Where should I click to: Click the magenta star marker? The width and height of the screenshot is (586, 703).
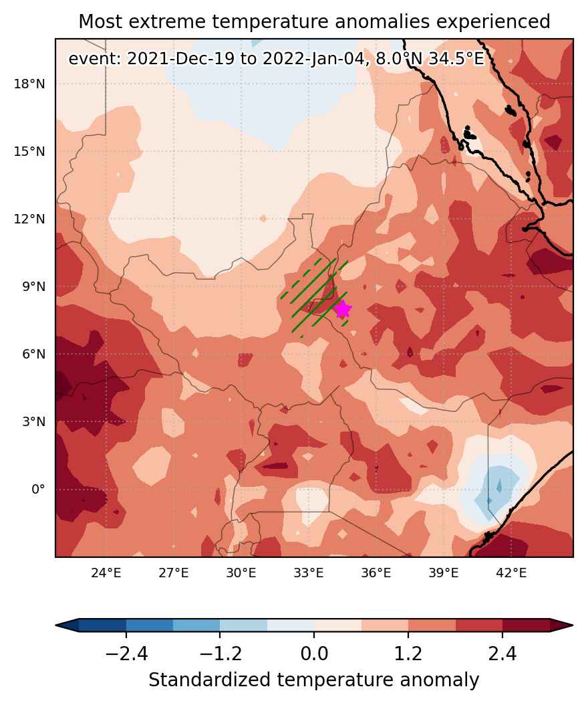[x=343, y=309]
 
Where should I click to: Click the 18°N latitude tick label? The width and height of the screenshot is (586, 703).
[x=29, y=84]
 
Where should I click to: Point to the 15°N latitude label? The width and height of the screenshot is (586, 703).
[x=29, y=152]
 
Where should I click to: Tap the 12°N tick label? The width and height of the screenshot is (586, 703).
[x=29, y=219]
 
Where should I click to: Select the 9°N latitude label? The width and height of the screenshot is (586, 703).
[x=33, y=286]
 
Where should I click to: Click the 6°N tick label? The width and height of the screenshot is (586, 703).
[x=33, y=355]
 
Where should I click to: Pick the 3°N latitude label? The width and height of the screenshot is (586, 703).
[x=33, y=422]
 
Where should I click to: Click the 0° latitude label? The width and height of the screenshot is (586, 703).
[x=38, y=489]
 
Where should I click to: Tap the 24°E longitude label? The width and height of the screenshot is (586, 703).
[x=106, y=573]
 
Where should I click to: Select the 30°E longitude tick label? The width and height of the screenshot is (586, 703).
[x=241, y=573]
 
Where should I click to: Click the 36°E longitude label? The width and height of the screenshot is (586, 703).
[x=376, y=573]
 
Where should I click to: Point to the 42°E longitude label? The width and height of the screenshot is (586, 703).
[x=511, y=573]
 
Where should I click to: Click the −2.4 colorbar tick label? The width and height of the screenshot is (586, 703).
[x=126, y=654]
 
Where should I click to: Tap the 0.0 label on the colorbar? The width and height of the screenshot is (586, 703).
[x=314, y=654]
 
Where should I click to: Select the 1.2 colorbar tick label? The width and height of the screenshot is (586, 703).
[x=408, y=654]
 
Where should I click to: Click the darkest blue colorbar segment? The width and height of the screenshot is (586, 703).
[x=102, y=625]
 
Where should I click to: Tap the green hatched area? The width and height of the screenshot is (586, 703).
[x=314, y=295]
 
